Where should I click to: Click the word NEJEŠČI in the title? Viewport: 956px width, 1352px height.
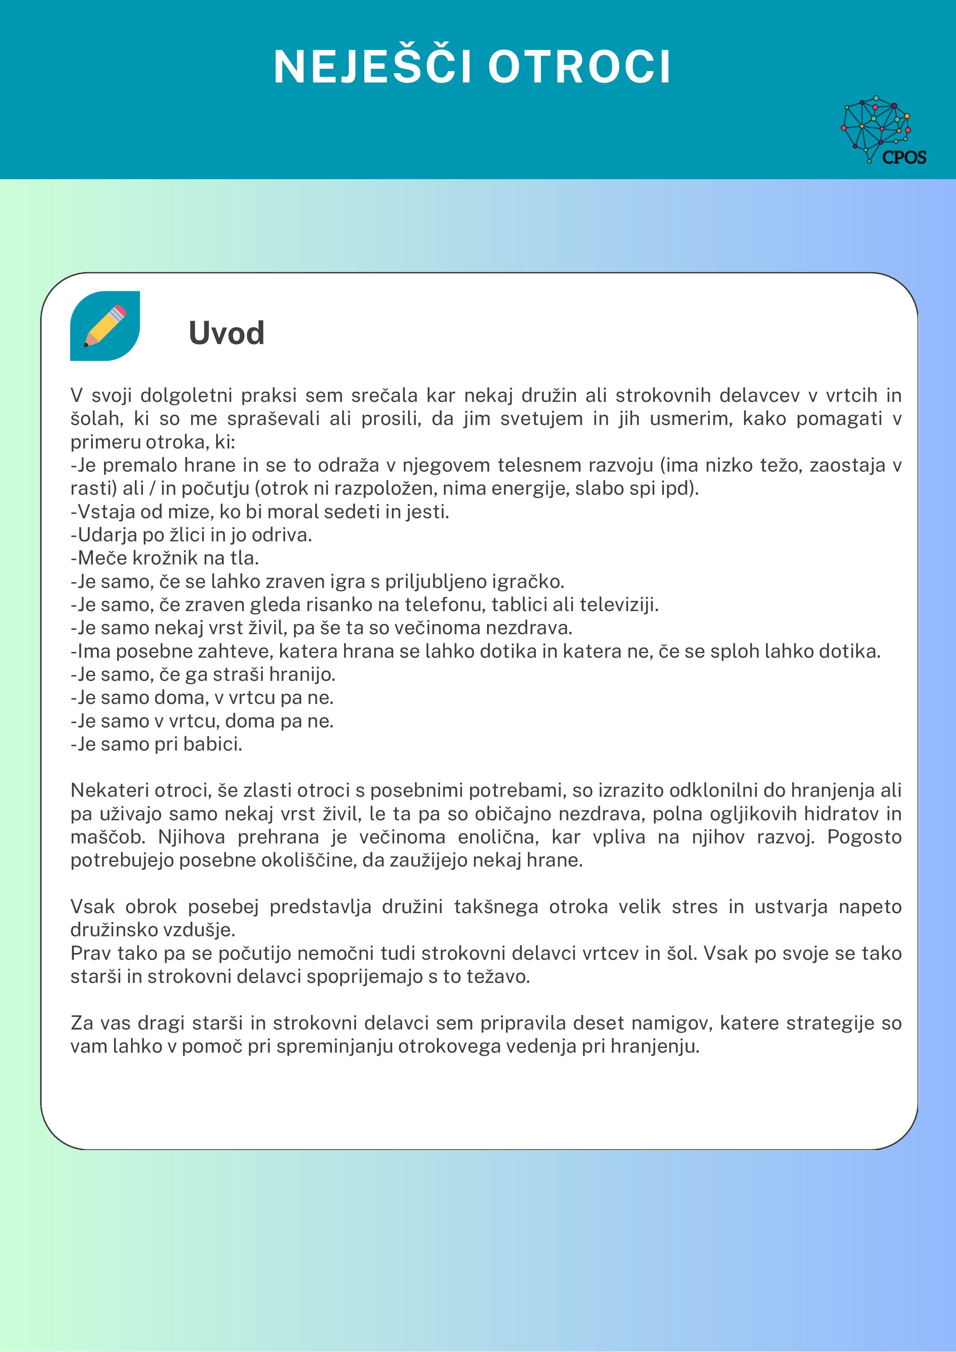[373, 67]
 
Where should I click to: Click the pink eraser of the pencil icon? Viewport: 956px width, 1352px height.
[119, 310]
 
